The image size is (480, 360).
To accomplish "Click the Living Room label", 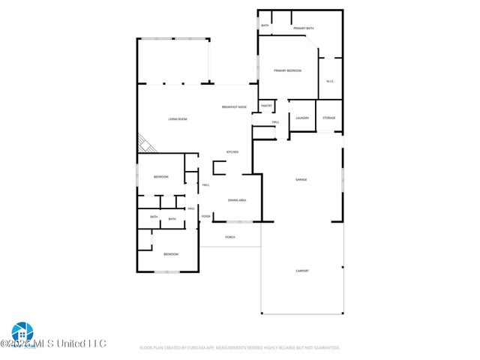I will click(x=177, y=120).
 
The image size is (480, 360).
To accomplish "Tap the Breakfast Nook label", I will click(x=234, y=107).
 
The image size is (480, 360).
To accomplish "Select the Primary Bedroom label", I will click(x=287, y=70).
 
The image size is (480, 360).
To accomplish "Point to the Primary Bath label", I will click(x=304, y=28).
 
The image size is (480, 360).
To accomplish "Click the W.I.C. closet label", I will click(x=330, y=81).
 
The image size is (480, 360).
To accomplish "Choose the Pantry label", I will click(x=266, y=106).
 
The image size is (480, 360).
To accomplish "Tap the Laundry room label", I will click(x=302, y=118).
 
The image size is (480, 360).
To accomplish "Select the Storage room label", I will click(x=329, y=118).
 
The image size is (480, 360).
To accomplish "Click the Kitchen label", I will click(x=232, y=152).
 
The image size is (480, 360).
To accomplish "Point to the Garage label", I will click(x=301, y=180).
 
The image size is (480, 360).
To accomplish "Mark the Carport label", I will click(x=301, y=271).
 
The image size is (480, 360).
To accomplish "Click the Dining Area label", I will click(x=237, y=200).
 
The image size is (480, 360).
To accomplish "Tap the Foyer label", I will click(x=205, y=217).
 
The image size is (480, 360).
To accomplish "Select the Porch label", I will click(x=230, y=237).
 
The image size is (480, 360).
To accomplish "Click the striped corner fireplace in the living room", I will click(x=143, y=143).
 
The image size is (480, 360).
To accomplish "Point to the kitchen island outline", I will click(x=220, y=168).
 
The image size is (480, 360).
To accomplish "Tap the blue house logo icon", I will click(x=21, y=333).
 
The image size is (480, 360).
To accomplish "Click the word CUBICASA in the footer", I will click(x=199, y=348).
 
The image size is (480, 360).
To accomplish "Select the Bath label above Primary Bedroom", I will click(x=265, y=25).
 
